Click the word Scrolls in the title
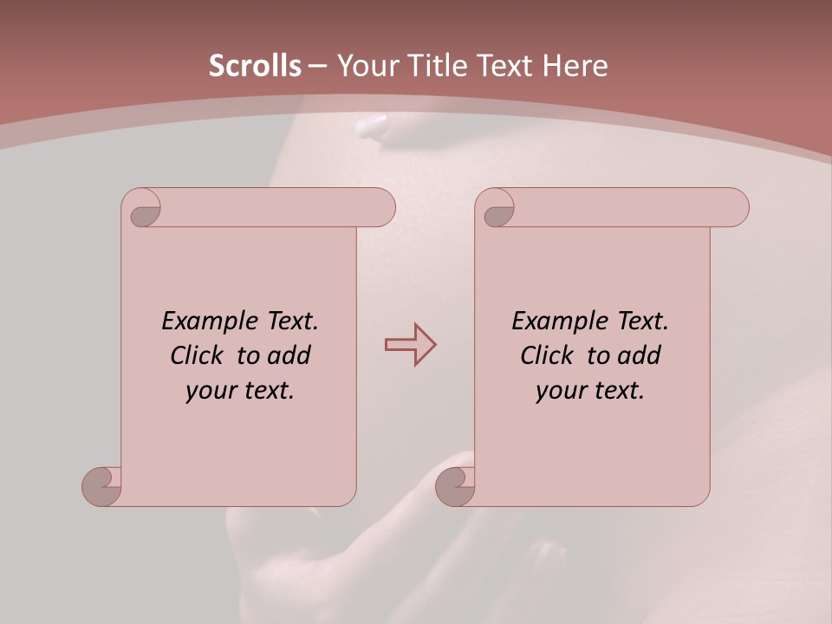(255, 66)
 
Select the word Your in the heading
(365, 66)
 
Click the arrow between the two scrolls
(411, 345)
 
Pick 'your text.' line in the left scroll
(240, 391)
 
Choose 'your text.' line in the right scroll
(590, 391)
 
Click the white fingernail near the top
(374, 127)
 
